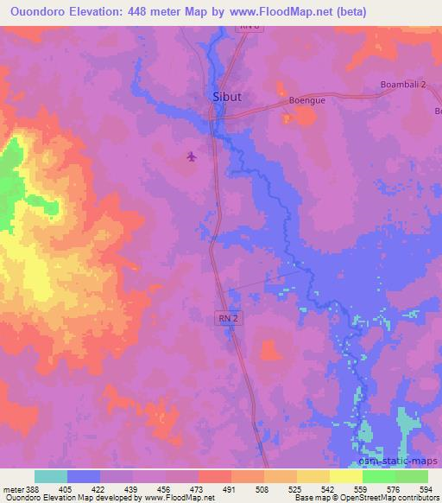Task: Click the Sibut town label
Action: pyautogui.click(x=226, y=97)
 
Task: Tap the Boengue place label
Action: pyautogui.click(x=306, y=100)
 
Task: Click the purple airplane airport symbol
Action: pyautogui.click(x=191, y=156)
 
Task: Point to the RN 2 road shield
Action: pyautogui.click(x=225, y=318)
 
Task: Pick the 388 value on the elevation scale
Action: pyautogui.click(x=28, y=489)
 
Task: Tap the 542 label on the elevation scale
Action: pyautogui.click(x=330, y=489)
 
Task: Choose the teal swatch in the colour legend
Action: pyautogui.click(x=51, y=476)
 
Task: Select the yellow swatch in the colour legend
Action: pyautogui.click(x=345, y=476)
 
